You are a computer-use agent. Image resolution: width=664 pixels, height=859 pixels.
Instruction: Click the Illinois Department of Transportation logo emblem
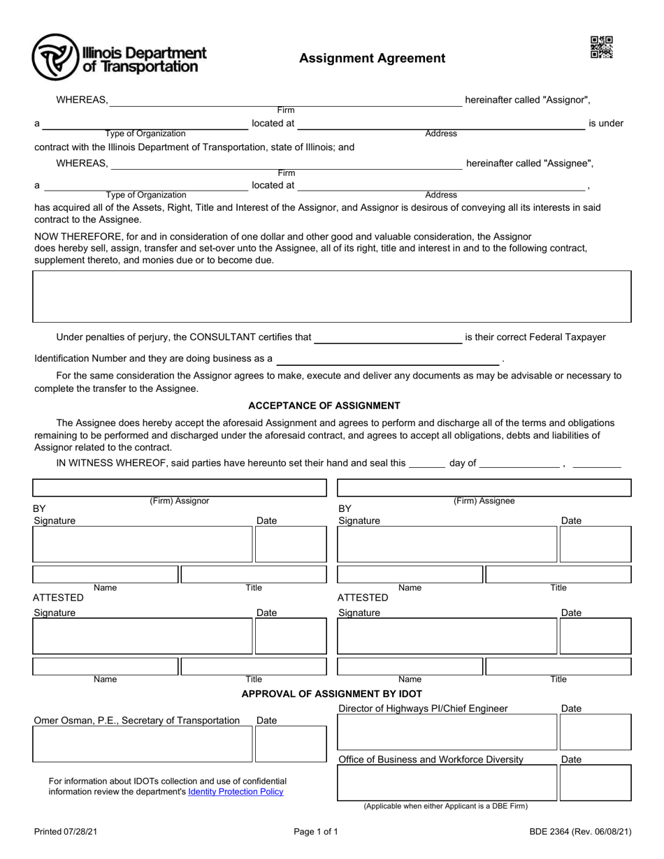tap(55, 57)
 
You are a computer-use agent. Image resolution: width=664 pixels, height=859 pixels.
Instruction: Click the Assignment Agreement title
tap(372, 58)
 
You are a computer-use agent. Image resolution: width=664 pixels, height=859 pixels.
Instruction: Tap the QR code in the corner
tap(601, 47)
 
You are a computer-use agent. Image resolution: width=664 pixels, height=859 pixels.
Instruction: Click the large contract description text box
tap(332, 296)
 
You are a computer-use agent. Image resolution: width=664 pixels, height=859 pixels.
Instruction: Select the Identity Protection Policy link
tap(236, 791)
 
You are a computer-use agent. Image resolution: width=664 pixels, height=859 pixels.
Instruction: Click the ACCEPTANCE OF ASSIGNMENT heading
tap(324, 405)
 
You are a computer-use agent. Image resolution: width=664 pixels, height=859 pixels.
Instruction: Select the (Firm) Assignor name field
tap(180, 487)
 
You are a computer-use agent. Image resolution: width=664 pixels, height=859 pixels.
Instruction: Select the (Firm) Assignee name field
tap(484, 487)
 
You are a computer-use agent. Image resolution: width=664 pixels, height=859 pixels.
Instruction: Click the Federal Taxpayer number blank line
tap(388, 338)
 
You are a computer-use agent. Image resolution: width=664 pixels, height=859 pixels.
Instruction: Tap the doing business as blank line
tap(388, 359)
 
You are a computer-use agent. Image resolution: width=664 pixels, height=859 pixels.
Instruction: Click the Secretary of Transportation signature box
tap(143, 744)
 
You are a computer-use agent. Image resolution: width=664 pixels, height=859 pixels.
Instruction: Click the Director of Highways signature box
tap(447, 732)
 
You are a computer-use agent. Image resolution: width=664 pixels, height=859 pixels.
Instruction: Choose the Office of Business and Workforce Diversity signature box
tap(447, 782)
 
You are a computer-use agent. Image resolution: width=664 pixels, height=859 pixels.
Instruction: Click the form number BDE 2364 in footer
tap(579, 832)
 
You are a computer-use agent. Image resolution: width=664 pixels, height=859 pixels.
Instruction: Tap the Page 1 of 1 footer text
tap(316, 832)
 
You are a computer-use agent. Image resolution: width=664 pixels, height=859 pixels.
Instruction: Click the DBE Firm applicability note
tap(445, 806)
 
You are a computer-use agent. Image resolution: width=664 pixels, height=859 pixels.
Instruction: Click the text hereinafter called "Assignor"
tap(531, 100)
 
